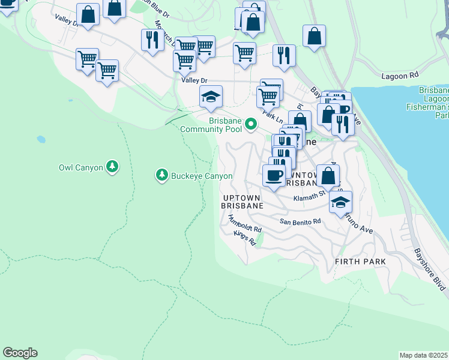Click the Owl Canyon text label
(x=80, y=167)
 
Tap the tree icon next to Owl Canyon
(x=112, y=166)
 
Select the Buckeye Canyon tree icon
(x=161, y=175)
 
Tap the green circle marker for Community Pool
(x=252, y=125)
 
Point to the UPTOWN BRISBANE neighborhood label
(x=243, y=201)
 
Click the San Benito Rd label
(x=300, y=221)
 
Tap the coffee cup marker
(x=274, y=176)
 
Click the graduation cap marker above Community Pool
(x=211, y=97)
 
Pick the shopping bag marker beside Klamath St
(x=328, y=176)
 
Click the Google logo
(x=20, y=353)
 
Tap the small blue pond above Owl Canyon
(x=41, y=139)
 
